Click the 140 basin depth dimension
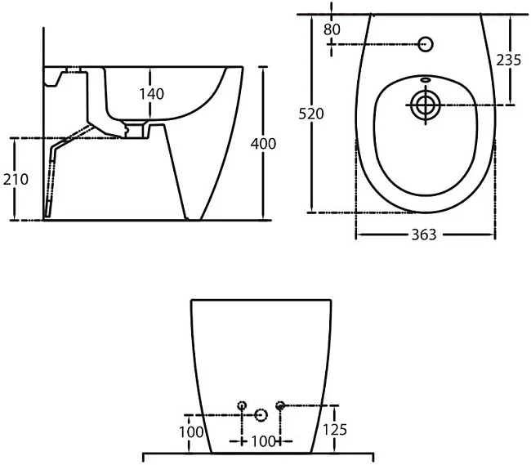point(152,94)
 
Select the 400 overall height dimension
point(263,144)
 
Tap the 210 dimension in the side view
point(16,179)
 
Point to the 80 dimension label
point(332,29)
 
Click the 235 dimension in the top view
point(509,60)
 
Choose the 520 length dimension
point(311,114)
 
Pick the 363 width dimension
point(424,235)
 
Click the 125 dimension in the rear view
point(335,430)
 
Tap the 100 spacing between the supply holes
point(263,441)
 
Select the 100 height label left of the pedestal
point(191,432)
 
